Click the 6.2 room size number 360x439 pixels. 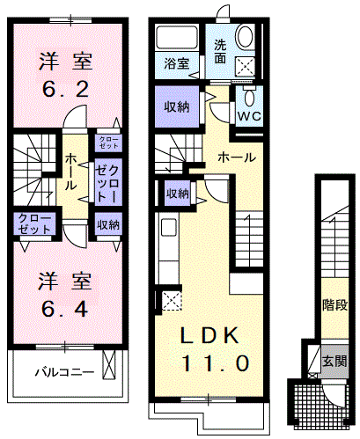click(x=65, y=90)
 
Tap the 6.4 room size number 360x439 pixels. click(x=65, y=309)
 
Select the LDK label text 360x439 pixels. click(x=209, y=335)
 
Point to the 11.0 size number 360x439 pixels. click(x=216, y=363)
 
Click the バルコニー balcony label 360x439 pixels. click(x=65, y=372)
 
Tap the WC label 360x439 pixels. click(x=249, y=116)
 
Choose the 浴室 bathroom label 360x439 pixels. click(x=177, y=63)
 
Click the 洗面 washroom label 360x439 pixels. click(x=220, y=52)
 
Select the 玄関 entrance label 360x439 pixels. click(x=334, y=361)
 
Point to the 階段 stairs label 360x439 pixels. click(x=334, y=305)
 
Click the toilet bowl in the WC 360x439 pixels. click(x=249, y=96)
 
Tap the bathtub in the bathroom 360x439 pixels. click(x=177, y=39)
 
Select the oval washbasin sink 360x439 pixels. click(x=245, y=36)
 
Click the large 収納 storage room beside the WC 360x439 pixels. click(x=177, y=106)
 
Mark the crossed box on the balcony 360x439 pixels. click(x=109, y=364)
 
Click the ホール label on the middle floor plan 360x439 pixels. click(x=237, y=157)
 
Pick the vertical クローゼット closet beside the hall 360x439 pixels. click(x=108, y=182)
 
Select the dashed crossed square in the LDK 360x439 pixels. click(x=172, y=301)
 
